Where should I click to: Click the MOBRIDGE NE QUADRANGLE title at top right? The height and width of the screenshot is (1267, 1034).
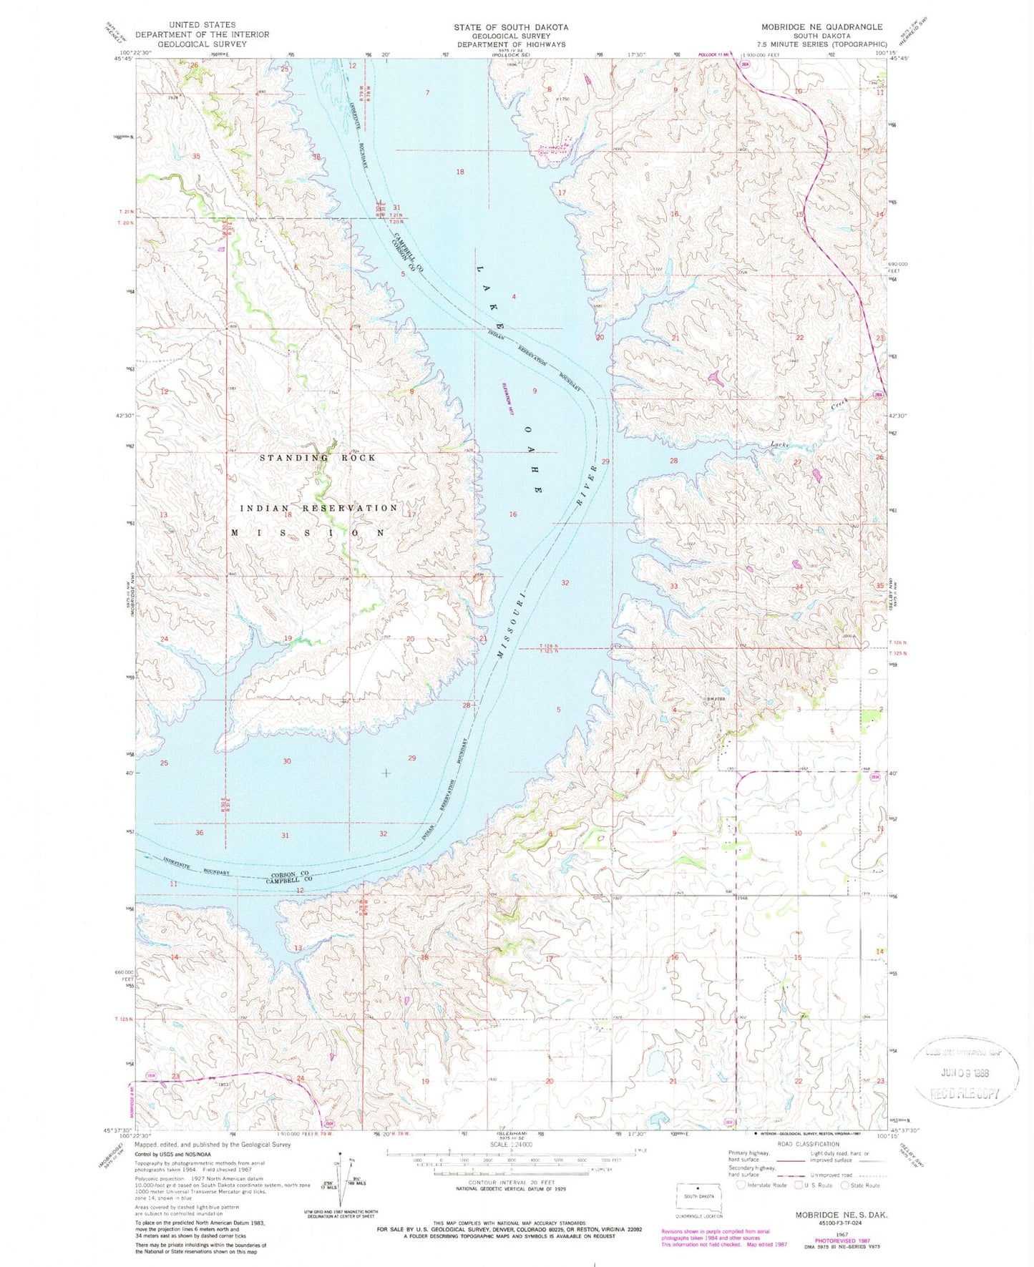[x=821, y=26]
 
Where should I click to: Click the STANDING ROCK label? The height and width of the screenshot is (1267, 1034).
[x=317, y=458]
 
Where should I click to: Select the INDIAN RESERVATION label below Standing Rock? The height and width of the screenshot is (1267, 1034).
[x=318, y=508]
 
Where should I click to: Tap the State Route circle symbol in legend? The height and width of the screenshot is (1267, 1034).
[x=846, y=1185]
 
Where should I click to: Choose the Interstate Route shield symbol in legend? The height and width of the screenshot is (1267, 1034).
[x=741, y=1185]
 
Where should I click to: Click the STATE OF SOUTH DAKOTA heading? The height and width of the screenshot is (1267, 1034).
[x=511, y=26]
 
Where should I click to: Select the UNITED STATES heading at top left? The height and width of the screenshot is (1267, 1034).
[x=202, y=24]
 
